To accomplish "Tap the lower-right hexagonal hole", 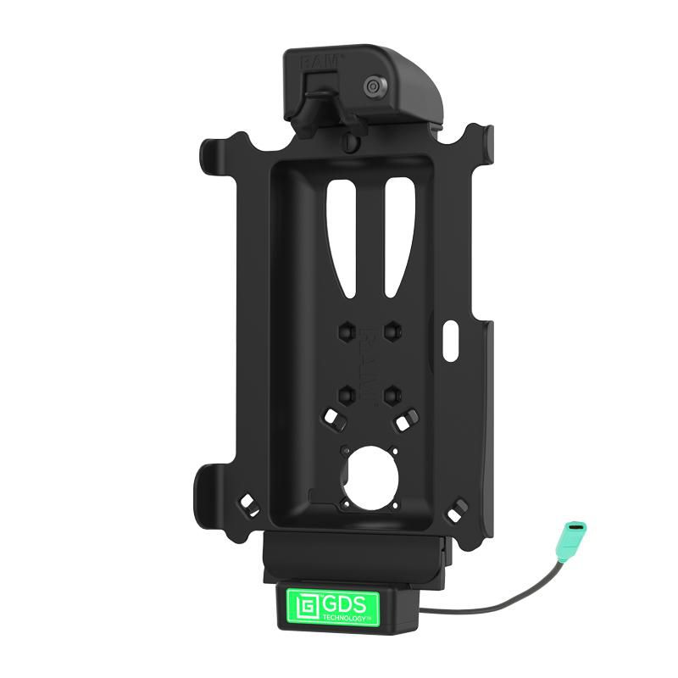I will coord(392,393).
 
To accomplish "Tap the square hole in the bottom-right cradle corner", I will coord(458,508).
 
